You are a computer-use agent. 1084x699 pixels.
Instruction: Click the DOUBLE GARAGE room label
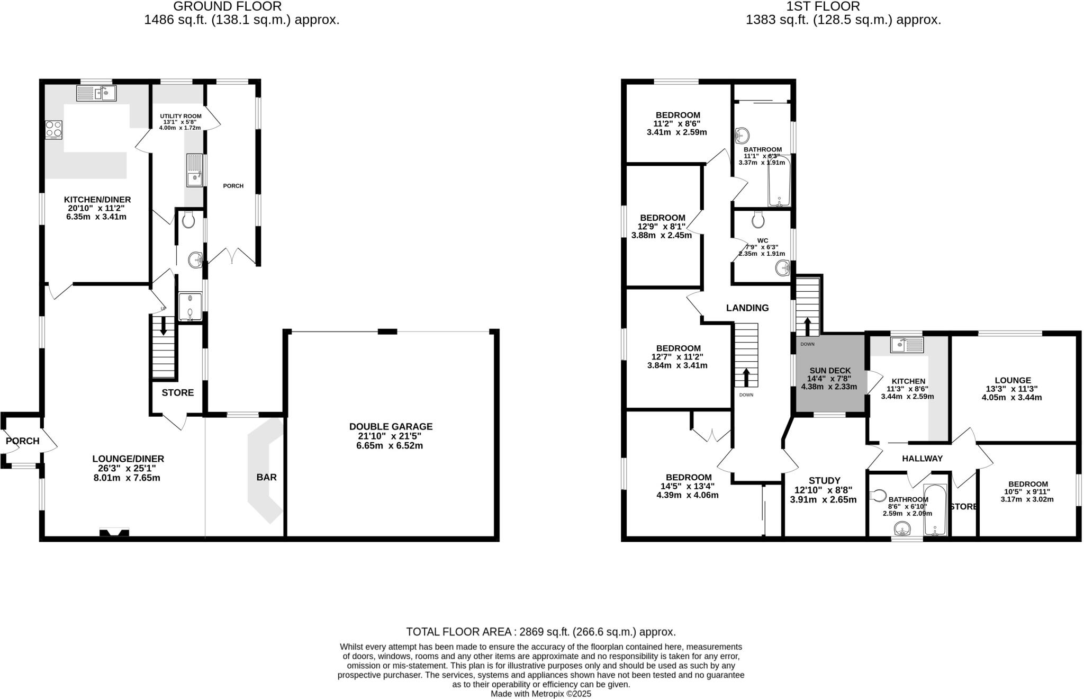(391, 426)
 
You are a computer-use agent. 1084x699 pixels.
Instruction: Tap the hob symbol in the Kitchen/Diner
(53, 130)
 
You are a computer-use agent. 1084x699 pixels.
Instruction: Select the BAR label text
(266, 477)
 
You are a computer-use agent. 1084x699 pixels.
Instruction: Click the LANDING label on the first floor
(747, 308)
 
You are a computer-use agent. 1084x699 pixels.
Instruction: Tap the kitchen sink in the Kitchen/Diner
(96, 94)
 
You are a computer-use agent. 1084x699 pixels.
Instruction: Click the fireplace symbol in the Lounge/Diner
(114, 532)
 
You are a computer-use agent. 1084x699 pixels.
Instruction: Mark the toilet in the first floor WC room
(758, 218)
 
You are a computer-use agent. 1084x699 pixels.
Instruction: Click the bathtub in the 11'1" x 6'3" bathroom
(779, 181)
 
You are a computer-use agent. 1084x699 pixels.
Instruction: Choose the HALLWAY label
(922, 459)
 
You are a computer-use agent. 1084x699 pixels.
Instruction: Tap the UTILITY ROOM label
(180, 116)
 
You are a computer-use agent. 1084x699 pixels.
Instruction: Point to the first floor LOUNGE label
(1013, 380)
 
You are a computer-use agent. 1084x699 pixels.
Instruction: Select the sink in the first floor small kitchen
(906, 345)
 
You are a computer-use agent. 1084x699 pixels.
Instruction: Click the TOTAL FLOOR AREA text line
(540, 632)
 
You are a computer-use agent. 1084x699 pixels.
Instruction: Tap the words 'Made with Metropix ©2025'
(540, 694)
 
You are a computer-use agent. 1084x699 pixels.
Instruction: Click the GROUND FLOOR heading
(227, 6)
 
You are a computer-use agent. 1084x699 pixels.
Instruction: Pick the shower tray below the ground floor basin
(190, 307)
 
